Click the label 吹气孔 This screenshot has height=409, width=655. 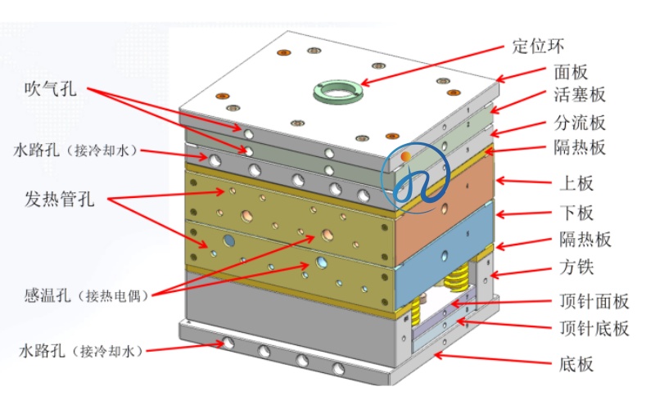tap(51, 90)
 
